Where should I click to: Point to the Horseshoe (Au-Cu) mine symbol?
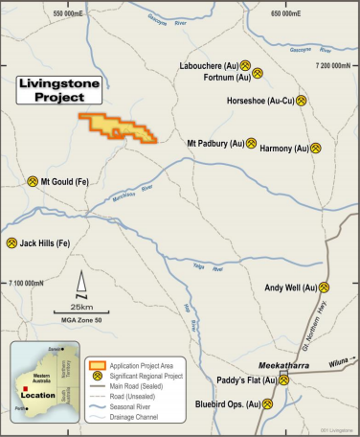click(x=301, y=99)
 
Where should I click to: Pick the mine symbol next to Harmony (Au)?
click(x=316, y=149)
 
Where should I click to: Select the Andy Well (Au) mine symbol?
click(x=325, y=287)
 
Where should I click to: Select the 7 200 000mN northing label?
click(x=336, y=64)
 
